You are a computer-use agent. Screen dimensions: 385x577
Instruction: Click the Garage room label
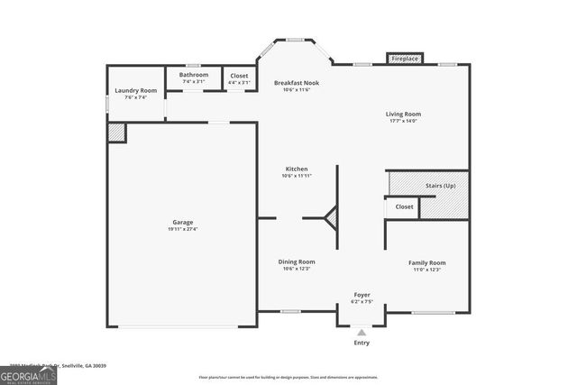[183, 222]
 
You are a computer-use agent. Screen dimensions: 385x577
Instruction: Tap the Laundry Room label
[135, 91]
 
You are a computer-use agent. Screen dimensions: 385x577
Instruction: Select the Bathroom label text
[194, 75]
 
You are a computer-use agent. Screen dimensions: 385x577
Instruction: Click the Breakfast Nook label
[297, 83]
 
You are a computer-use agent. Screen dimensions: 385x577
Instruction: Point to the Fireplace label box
[405, 59]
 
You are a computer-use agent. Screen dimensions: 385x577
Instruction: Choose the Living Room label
[403, 115]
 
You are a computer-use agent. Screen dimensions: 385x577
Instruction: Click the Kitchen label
[297, 169]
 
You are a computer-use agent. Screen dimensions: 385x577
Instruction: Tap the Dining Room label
[297, 262]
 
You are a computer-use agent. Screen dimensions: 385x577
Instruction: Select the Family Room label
[429, 262]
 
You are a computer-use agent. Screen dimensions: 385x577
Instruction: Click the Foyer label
[362, 294]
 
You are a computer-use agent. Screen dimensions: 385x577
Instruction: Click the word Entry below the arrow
[362, 343]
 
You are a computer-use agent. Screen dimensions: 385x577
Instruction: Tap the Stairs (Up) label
[441, 185]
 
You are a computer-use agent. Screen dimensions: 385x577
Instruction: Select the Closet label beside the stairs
[405, 206]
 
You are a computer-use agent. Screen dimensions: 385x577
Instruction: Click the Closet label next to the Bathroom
[239, 76]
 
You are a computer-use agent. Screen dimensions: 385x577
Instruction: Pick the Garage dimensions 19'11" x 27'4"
[183, 229]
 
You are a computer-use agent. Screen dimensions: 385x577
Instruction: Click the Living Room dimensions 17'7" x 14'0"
[403, 122]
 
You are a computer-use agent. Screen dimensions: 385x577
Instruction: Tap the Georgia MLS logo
[28, 373]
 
